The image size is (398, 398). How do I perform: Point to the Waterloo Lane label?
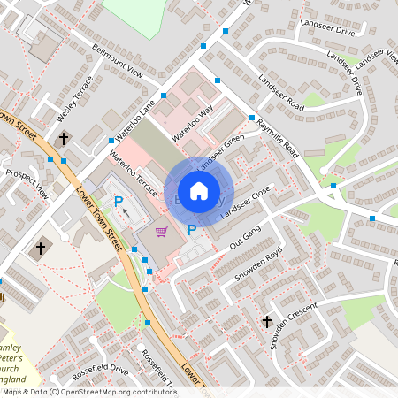pyautogui.click(x=134, y=121)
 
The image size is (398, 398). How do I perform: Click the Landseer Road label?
pyautogui.click(x=281, y=93)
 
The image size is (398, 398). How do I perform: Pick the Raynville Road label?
pyautogui.click(x=276, y=138)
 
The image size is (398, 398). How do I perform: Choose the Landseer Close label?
pyautogui.click(x=246, y=204)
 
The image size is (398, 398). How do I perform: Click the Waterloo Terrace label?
pyautogui.click(x=134, y=173)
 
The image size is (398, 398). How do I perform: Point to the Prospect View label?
pyautogui.click(x=27, y=180)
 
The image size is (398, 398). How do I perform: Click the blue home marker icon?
pyautogui.click(x=199, y=191)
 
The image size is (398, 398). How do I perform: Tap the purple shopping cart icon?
pyautogui.click(x=162, y=232)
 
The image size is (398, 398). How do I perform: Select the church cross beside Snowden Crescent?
pyautogui.click(x=267, y=322)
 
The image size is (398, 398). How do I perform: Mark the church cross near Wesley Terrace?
pyautogui.click(x=64, y=139)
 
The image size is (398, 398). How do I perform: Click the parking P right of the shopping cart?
pyautogui.click(x=192, y=230)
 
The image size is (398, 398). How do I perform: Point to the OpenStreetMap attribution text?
pyautogui.click(x=88, y=391)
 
